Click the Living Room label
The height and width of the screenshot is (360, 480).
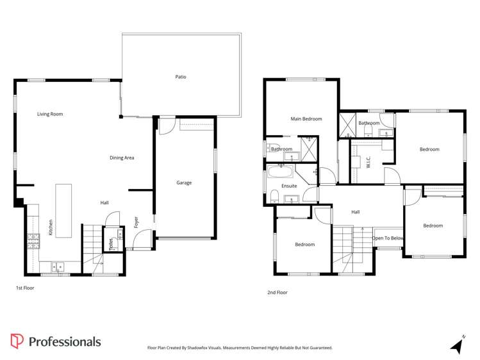click(50, 114)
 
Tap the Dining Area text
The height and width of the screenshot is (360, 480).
click(121, 158)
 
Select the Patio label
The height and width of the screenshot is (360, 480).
click(181, 77)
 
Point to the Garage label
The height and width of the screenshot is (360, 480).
click(184, 183)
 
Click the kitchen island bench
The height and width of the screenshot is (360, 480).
click(63, 211)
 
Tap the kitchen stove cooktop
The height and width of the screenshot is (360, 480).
click(33, 241)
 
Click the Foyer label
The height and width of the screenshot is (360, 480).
click(136, 222)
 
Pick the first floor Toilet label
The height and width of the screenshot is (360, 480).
click(112, 243)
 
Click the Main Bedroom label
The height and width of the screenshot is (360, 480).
click(306, 119)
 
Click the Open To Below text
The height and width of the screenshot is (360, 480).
click(388, 238)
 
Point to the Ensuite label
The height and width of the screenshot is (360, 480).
click(289, 187)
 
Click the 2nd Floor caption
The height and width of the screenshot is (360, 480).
click(277, 292)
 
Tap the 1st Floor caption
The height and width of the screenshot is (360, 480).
click(25, 288)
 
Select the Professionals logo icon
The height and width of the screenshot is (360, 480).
click(17, 341)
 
